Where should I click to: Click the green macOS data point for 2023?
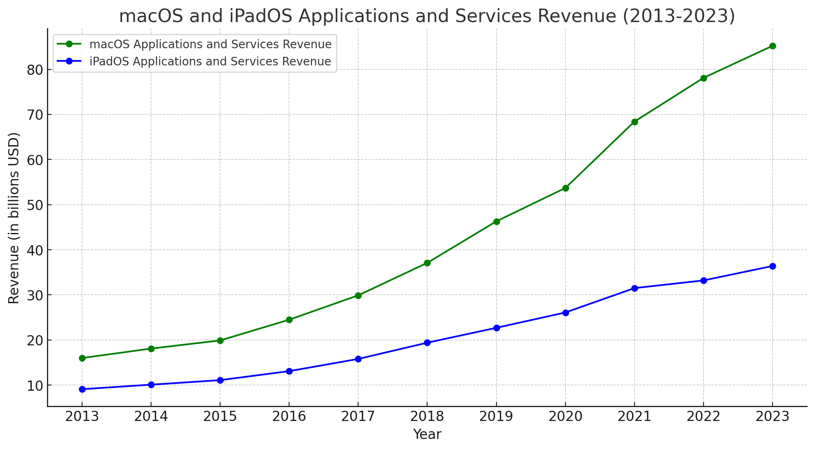tap(773, 46)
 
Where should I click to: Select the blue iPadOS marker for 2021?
tap(635, 288)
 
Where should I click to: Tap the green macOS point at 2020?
tap(566, 188)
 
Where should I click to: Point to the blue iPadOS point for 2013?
tap(82, 389)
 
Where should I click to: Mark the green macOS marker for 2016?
tap(289, 320)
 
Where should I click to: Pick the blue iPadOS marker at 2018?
tap(427, 343)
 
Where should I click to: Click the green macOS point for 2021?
tap(635, 122)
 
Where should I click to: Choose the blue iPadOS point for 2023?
tap(773, 266)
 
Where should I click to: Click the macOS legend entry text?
tap(210, 44)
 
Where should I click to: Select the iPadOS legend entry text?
tap(210, 62)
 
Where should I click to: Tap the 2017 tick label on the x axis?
tap(358, 416)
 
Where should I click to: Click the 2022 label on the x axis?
tap(704, 416)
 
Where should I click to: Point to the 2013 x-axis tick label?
tap(82, 416)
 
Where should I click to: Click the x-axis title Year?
tap(427, 434)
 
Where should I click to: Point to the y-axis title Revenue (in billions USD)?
tap(14, 218)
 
